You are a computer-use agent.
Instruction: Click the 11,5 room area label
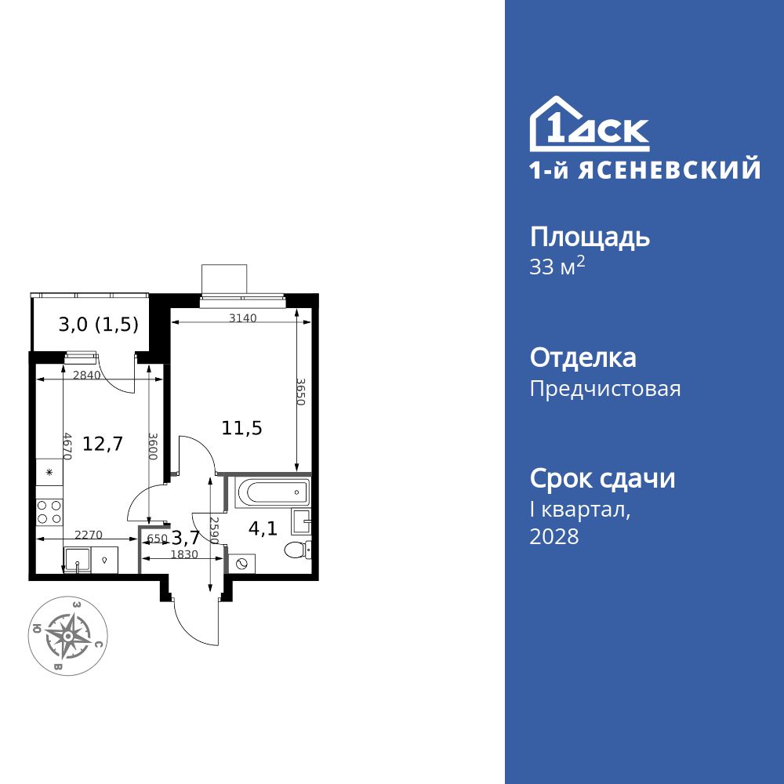(x=241, y=428)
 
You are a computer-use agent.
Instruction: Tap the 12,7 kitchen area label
(x=103, y=445)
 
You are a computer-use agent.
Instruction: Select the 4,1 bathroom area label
(x=262, y=528)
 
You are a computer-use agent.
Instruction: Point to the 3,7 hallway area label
(x=185, y=537)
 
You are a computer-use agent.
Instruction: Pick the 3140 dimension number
(x=243, y=318)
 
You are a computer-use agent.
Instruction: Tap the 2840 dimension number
(x=86, y=375)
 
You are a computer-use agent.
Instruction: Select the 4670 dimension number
(x=67, y=447)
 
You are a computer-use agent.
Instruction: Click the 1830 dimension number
(x=185, y=554)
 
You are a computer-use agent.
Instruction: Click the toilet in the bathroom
(x=297, y=549)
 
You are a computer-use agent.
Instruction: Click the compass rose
(x=69, y=634)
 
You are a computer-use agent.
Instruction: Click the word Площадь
(x=590, y=237)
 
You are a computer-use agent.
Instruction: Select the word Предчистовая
(x=605, y=389)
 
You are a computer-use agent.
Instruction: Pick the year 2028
(x=554, y=537)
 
